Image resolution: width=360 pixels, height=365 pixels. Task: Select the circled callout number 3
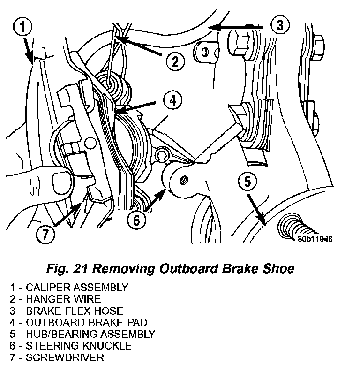pos(280,25)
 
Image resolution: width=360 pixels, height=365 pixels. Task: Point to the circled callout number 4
pos(173,99)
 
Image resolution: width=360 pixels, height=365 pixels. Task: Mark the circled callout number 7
pos(45,235)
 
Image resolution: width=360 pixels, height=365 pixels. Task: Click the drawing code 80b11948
pos(315,239)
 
